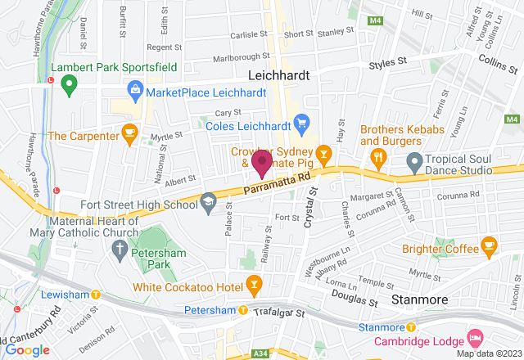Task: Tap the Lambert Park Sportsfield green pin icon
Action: point(69,83)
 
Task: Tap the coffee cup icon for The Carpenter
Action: point(129,132)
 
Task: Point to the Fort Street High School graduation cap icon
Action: point(209,200)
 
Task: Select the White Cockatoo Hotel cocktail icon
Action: point(255,284)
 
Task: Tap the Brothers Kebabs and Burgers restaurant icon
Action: point(378,155)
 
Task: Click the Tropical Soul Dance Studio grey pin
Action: point(415,161)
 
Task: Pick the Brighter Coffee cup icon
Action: point(489,245)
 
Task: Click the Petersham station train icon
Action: point(243,310)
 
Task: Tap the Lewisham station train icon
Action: point(96,294)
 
